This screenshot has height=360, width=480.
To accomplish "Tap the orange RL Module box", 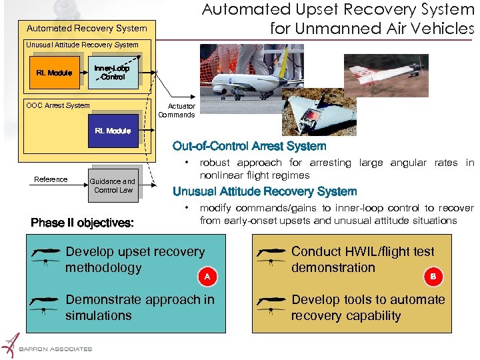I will [x=55, y=73].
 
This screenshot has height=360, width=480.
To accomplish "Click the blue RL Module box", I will [x=113, y=131].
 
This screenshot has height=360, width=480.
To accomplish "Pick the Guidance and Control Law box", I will [x=113, y=185].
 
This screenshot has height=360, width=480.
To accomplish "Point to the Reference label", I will [x=51, y=179].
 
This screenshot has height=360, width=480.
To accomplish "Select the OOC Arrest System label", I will [x=57, y=105].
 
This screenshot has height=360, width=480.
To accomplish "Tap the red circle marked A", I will [x=207, y=275].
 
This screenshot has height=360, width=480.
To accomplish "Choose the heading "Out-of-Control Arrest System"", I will [x=249, y=146].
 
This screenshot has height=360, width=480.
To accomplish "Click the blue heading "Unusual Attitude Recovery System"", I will [x=265, y=191].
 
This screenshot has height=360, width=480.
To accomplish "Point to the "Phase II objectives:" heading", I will [x=83, y=223].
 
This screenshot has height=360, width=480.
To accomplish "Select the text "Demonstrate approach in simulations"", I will [x=140, y=307].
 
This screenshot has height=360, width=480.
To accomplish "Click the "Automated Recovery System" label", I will [x=86, y=28].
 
